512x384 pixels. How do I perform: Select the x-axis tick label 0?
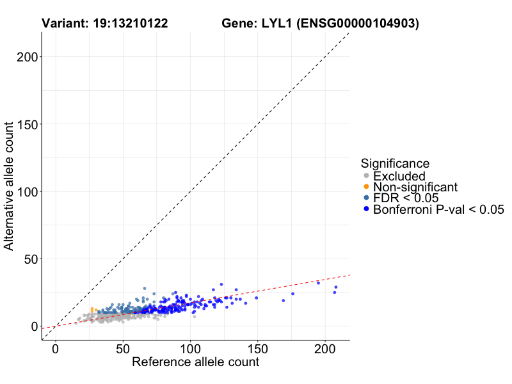point(56,350)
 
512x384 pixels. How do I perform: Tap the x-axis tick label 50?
point(123,350)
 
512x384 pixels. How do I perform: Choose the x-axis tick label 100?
point(190,350)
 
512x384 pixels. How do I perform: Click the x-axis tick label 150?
point(257,350)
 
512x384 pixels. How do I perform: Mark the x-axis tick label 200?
point(324,350)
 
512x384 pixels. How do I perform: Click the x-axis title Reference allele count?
point(195,362)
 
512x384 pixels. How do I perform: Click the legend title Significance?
point(394,163)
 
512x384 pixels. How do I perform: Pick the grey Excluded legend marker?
point(366,176)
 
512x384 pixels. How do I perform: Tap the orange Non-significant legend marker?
point(366,187)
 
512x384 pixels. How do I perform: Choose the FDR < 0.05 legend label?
point(406,198)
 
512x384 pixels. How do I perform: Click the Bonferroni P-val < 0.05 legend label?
point(439,209)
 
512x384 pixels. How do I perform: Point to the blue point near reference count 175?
point(292,294)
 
